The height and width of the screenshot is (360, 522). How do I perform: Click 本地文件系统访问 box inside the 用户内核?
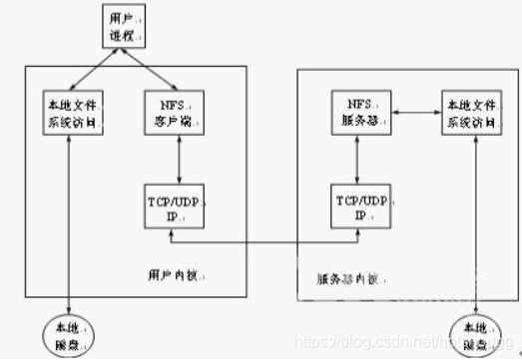point(67,112)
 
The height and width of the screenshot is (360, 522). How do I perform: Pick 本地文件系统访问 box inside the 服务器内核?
point(469,111)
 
